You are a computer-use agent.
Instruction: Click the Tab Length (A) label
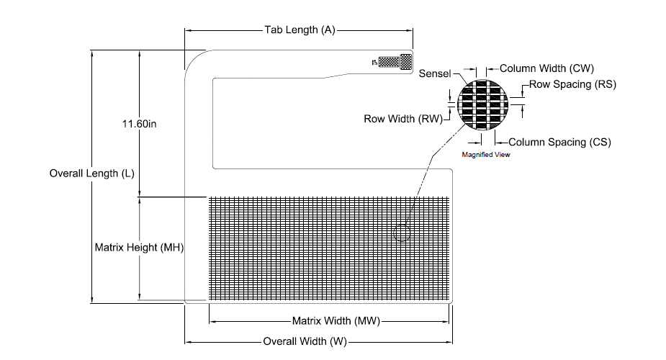pos(300,30)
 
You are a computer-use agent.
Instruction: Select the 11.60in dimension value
pos(139,124)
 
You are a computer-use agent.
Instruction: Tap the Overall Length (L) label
pos(91,174)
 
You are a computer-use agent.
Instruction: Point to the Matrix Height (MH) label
pos(139,248)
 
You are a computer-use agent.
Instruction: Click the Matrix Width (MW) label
pos(336,321)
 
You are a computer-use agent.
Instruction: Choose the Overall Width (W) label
pos(305,341)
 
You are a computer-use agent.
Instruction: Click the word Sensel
pos(434,73)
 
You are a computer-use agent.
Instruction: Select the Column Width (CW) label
pos(546,68)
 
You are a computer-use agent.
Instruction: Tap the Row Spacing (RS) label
pos(572,84)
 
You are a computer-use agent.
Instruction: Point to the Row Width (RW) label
pos(403,119)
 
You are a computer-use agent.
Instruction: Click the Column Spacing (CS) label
pos(560,142)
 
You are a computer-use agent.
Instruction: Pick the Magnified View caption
pos(486,155)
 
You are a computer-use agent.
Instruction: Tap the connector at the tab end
pos(395,62)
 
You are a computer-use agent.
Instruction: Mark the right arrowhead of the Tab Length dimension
pos(410,30)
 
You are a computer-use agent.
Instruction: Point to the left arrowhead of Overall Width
pos(188,342)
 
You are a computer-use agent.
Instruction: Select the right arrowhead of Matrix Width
pos(446,322)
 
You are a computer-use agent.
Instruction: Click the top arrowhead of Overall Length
pos(91,53)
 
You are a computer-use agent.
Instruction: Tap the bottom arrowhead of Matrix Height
pos(139,297)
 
